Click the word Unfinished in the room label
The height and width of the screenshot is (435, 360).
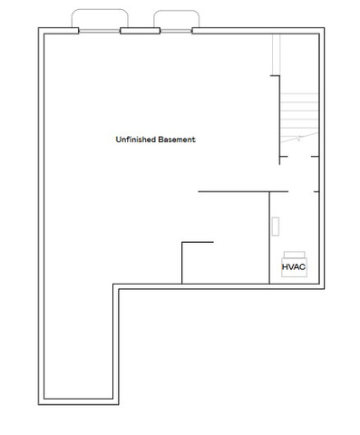(135, 140)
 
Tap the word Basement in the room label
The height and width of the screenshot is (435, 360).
(177, 140)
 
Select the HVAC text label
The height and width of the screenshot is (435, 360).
(294, 267)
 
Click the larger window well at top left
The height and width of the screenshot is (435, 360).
(100, 10)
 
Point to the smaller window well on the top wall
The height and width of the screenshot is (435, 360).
(176, 11)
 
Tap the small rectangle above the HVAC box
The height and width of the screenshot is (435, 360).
(294, 255)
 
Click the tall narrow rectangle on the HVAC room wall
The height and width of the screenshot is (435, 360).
(276, 227)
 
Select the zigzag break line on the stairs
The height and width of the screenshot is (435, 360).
(299, 138)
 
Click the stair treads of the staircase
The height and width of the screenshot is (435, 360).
(299, 115)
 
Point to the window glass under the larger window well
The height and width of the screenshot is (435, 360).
(100, 31)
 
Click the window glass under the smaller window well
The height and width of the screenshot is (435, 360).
(176, 31)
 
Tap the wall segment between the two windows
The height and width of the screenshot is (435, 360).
(140, 31)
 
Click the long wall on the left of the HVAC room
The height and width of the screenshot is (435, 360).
(269, 237)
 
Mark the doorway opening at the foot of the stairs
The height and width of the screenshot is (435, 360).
(299, 157)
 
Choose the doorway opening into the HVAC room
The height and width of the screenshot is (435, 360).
(301, 191)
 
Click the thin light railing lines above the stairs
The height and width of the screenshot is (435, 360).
(277, 54)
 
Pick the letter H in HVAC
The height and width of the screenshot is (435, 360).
(285, 267)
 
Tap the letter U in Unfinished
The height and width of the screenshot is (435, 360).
(119, 140)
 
